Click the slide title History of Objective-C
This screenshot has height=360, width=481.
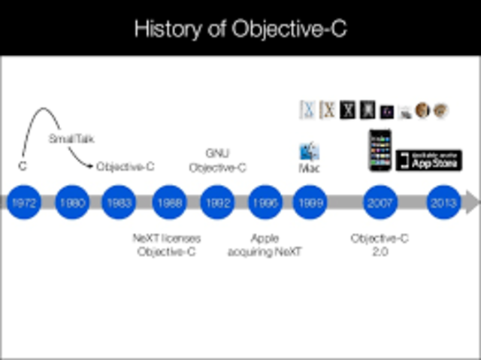click(x=240, y=29)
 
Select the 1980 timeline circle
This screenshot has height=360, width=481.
click(x=72, y=202)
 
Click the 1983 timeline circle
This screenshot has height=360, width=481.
click(x=119, y=202)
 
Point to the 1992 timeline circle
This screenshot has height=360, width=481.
click(x=217, y=202)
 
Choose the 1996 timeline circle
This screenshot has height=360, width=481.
click(x=265, y=202)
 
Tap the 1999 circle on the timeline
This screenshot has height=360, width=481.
click(x=310, y=202)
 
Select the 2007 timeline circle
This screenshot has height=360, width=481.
click(x=380, y=202)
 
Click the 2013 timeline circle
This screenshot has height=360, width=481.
click(x=443, y=202)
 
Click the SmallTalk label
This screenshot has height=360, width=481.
click(x=71, y=139)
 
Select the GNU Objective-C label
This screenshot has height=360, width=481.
click(x=217, y=161)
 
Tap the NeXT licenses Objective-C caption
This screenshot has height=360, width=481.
click(x=166, y=245)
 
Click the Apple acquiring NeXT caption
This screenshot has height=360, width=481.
click(x=265, y=245)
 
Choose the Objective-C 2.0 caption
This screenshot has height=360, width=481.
click(x=380, y=245)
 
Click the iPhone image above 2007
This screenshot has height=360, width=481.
click(x=380, y=150)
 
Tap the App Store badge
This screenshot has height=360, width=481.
click(x=428, y=160)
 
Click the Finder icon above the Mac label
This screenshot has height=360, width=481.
click(x=309, y=151)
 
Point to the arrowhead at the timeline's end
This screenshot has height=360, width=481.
click(x=471, y=202)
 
